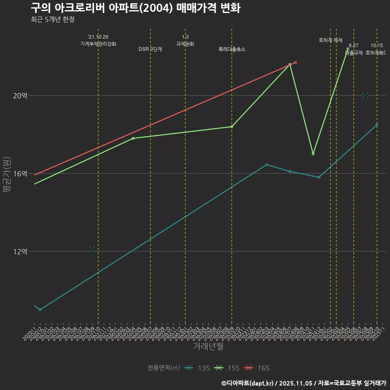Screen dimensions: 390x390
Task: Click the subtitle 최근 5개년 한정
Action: pos(52,19)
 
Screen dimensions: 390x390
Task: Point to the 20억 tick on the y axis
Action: pos(20,96)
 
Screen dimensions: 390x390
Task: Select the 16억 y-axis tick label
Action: pos(20,173)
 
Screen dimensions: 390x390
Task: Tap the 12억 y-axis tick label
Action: pos(20,251)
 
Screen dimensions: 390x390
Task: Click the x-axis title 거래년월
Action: pos(208,347)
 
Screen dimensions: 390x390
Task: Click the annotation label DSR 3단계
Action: pos(150,49)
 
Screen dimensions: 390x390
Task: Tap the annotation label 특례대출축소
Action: pos(232,49)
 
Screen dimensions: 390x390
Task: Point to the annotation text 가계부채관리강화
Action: pos(98,44)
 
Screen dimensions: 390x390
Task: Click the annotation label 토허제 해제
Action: pos(331,40)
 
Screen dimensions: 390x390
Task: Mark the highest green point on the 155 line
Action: pos(348,49)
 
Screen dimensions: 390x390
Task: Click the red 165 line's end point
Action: pos(296,62)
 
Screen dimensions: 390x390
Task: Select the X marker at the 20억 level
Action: pos(365,95)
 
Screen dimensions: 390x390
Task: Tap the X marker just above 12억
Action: pos(92,249)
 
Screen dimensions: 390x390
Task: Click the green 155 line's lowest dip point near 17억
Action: pos(313,154)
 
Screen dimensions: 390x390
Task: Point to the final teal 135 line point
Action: pos(377,125)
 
